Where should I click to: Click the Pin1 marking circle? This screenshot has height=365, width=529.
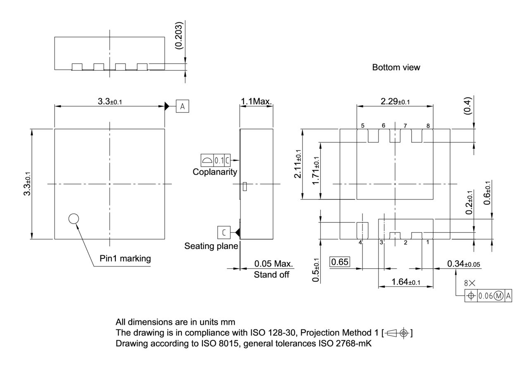tap(74, 219)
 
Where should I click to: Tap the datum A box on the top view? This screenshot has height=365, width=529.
tap(182, 106)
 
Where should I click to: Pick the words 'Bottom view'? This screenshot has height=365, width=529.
tap(396, 67)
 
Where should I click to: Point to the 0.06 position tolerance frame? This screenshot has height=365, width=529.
tap(488, 296)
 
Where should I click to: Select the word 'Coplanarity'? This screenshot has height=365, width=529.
tap(215, 172)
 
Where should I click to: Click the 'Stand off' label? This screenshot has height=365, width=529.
tap(272, 274)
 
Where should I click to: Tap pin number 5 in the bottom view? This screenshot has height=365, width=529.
tap(362, 126)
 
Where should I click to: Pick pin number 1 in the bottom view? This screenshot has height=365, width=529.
tap(427, 242)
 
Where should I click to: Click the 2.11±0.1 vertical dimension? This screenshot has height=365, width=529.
tap(298, 164)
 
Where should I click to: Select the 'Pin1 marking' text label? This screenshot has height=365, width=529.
tap(125, 259)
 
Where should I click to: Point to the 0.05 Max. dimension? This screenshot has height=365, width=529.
tap(273, 264)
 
